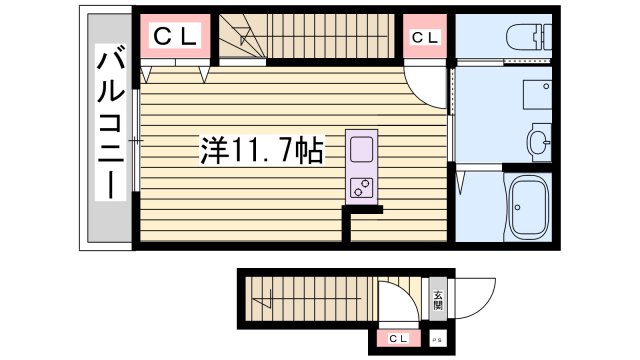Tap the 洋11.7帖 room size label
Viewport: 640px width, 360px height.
point(261,152)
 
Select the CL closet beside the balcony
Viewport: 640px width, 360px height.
point(174,39)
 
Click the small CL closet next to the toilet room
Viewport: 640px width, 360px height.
point(423,39)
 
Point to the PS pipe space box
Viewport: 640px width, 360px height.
point(437,339)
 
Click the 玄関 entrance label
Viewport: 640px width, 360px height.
point(438,301)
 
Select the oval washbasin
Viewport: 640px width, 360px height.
point(540,142)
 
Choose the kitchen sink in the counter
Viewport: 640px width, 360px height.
point(360,151)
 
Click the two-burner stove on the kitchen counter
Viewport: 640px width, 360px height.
point(360,187)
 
